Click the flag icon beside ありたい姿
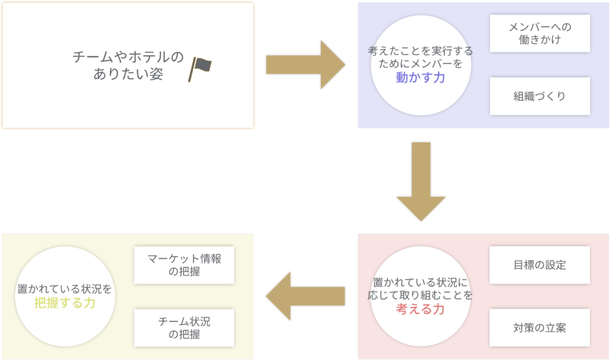(x=200, y=69)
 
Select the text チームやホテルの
(x=128, y=58)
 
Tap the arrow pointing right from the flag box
(x=304, y=65)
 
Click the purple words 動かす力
(x=421, y=77)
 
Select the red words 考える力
(x=421, y=309)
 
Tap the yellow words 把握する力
(x=64, y=303)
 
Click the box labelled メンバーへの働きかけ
(x=540, y=33)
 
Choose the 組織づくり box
(x=540, y=96)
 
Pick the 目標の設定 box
(x=540, y=265)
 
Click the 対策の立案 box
(x=540, y=327)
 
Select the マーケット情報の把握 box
(x=183, y=265)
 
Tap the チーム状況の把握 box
(x=183, y=328)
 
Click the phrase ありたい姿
(x=128, y=75)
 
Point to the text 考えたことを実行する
(x=421, y=52)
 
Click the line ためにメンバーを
(x=421, y=64)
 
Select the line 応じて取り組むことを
(x=421, y=295)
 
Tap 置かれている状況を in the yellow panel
(x=64, y=288)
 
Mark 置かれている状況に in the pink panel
(x=421, y=282)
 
